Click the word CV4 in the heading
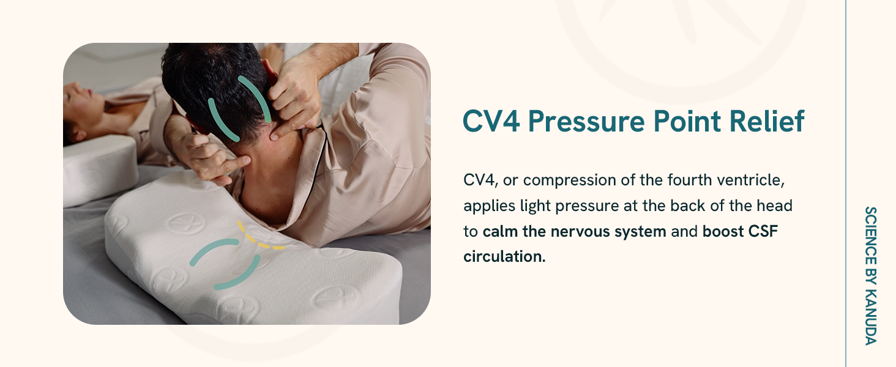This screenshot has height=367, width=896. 491,120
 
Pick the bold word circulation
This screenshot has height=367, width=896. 504,257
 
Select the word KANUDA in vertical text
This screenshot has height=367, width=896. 870,322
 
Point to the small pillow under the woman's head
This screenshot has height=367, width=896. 100,170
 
